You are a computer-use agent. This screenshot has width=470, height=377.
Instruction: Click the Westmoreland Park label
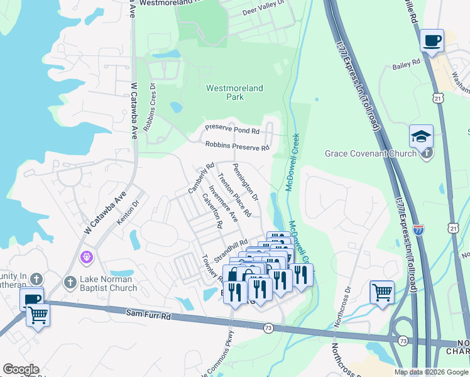coord(234,93)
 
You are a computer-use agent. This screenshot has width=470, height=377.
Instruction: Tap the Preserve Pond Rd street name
coord(231,131)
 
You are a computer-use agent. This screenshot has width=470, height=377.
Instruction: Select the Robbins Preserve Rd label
coord(237,147)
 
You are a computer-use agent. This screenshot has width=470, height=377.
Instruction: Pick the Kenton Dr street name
coord(126,212)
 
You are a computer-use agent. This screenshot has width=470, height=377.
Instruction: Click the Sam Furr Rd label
coord(148,313)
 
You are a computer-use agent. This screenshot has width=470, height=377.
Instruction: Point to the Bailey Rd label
coord(406,63)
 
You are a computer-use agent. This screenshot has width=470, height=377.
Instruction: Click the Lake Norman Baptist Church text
coord(109,283)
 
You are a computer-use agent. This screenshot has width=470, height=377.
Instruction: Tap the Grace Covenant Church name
coord(370,153)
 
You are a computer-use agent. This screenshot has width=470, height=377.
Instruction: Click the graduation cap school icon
coord(421,136)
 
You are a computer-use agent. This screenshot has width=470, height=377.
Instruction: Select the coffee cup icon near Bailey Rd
coord(431,41)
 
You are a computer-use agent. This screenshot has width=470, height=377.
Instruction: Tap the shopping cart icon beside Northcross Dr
coord(382,292)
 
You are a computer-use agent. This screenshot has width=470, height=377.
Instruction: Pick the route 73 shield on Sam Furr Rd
coord(268,328)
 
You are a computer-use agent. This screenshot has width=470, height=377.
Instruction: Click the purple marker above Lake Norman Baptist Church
coord(87,257)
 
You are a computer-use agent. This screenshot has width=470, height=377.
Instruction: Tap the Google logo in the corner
coord(21,369)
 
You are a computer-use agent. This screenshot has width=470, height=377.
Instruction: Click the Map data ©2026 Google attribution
coord(430,372)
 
